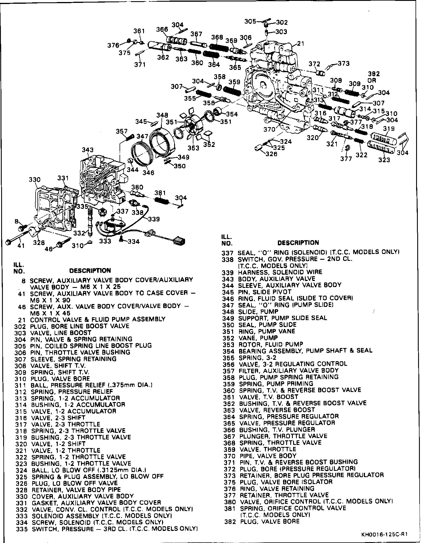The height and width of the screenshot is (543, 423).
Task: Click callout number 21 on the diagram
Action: click(x=301, y=44)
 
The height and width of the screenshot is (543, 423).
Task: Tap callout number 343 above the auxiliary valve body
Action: click(x=88, y=150)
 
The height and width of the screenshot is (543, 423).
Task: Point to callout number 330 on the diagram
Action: click(x=34, y=180)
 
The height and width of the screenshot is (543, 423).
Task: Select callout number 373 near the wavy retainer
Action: click(x=344, y=63)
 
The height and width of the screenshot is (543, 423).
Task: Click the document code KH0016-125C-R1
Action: click(x=384, y=535)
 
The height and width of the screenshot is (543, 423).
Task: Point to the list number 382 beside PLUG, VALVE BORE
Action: click(x=230, y=521)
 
